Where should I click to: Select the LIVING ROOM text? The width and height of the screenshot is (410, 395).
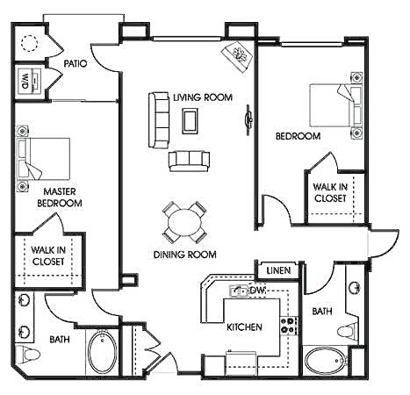(x=203, y=97)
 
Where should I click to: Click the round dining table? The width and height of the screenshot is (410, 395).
(x=185, y=221)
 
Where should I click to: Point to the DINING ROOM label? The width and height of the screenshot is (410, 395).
(x=186, y=255)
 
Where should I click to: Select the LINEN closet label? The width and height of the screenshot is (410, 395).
(x=279, y=269)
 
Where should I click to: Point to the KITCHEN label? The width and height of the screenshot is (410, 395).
(x=244, y=327)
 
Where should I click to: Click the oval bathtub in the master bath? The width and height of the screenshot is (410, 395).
(x=102, y=354)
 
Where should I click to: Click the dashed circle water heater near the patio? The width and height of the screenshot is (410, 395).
(x=29, y=43)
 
